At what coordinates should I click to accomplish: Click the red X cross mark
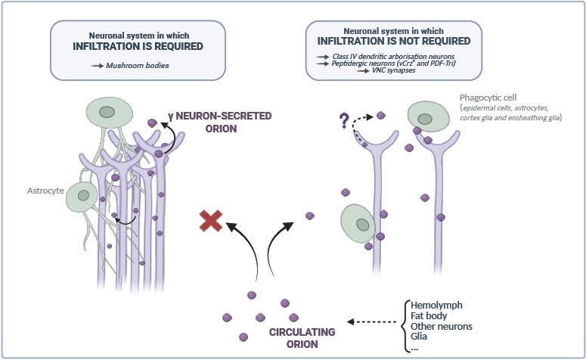(212, 221)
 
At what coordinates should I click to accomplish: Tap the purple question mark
(345, 119)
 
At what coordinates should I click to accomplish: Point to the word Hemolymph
(442, 304)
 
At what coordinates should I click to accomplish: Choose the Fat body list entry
(432, 315)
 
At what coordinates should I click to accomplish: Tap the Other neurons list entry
(446, 326)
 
